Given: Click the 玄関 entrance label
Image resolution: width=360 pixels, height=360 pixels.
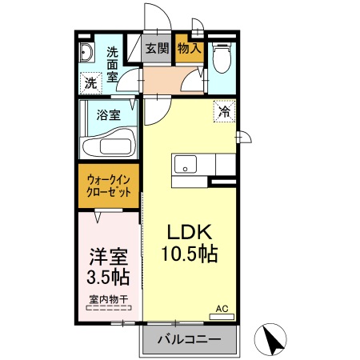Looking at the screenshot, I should (157, 48).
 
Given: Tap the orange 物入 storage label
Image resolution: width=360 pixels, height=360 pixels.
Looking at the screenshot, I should (190, 48).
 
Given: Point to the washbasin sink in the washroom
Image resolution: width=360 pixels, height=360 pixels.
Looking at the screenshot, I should (86, 54).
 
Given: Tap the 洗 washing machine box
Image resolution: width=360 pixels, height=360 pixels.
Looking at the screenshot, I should (90, 82).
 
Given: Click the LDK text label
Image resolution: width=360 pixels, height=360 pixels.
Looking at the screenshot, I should (188, 232).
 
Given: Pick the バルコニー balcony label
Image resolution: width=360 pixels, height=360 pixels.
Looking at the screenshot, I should (189, 340).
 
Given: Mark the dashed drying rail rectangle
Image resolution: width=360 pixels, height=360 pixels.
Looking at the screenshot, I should (108, 309).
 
